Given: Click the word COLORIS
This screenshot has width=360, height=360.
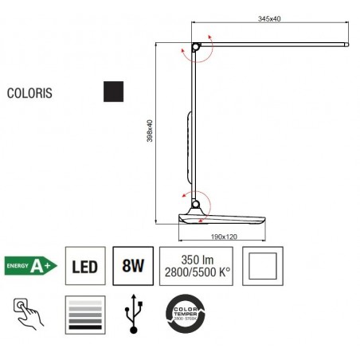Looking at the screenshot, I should [x=30, y=92].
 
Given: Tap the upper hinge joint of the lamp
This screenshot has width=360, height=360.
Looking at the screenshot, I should [x=195, y=47].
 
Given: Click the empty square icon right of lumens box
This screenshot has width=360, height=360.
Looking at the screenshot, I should [x=262, y=265].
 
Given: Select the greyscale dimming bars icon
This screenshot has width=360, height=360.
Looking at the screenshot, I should [x=85, y=314].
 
